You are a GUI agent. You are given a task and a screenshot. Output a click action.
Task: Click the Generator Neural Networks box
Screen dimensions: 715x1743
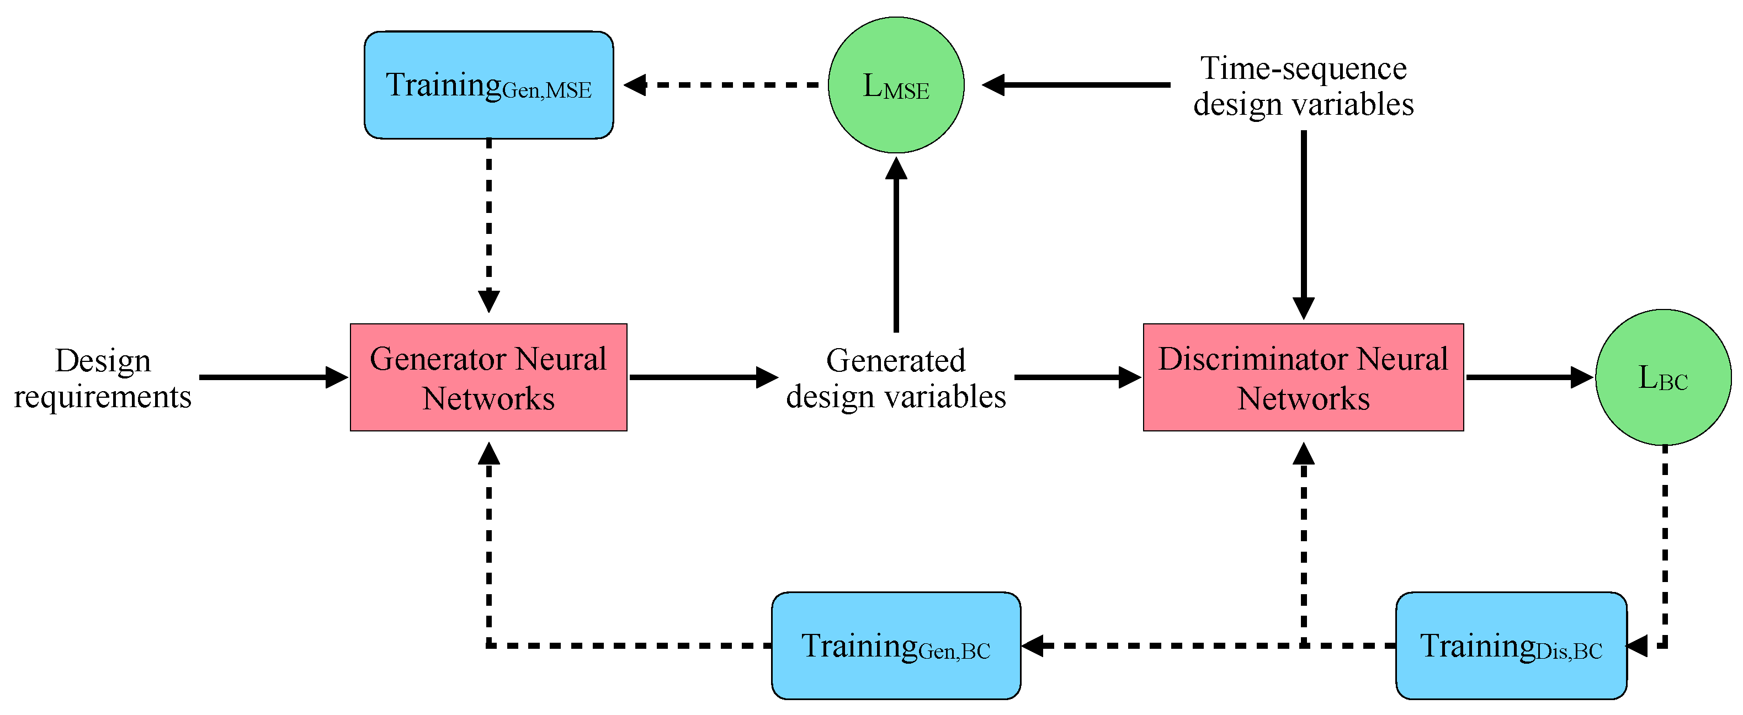[488, 377]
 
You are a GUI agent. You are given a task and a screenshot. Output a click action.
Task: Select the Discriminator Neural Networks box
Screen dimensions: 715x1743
[1303, 377]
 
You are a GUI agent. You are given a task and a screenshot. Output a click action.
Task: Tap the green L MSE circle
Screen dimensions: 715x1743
[896, 85]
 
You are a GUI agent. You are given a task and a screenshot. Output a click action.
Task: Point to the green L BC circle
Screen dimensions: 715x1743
[1662, 377]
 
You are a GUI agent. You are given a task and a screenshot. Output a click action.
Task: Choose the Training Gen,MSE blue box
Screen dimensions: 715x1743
[488, 85]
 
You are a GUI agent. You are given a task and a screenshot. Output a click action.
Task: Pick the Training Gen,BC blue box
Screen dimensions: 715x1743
[896, 645]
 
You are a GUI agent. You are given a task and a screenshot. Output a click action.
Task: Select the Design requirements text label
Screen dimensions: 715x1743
[103, 377]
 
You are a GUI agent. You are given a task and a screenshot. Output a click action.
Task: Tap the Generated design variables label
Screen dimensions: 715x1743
[896, 377]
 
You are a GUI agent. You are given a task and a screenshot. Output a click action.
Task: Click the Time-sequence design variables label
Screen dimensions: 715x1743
[1303, 86]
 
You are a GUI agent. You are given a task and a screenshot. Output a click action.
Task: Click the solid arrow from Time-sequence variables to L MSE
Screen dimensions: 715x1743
[1076, 85]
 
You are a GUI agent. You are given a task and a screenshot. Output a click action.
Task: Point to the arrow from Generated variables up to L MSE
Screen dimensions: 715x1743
[896, 243]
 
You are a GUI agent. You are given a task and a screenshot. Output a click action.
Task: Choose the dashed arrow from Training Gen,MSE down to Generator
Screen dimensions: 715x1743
[488, 223]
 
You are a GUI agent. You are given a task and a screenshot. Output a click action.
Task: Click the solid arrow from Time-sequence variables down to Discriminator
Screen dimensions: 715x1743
[1303, 223]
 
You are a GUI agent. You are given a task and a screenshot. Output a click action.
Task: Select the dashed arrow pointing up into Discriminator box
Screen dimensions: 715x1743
[1303, 541]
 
